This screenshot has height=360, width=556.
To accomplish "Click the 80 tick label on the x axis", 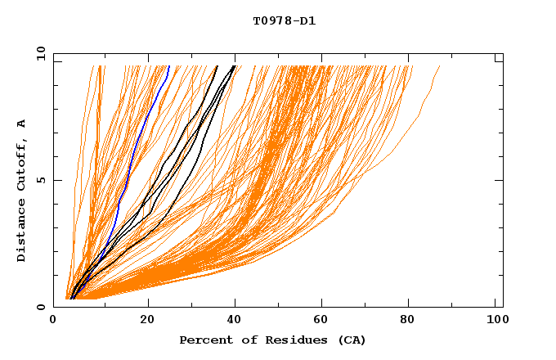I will [413, 321].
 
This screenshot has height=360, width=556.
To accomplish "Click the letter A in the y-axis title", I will [21, 124].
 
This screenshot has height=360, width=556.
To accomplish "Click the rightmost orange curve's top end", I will [439, 66].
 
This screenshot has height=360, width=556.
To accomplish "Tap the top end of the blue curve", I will [168, 66].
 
